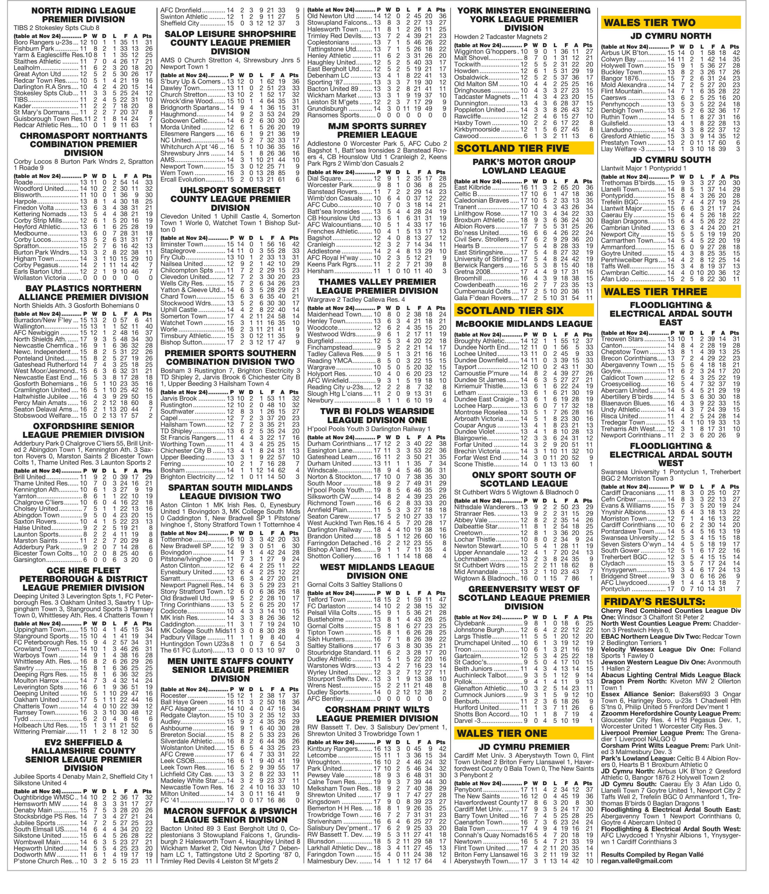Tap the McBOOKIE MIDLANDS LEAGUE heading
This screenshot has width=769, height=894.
(x=523, y=324)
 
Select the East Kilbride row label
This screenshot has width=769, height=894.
(x=473, y=187)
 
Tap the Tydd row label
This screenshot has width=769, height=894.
(x=21, y=719)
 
